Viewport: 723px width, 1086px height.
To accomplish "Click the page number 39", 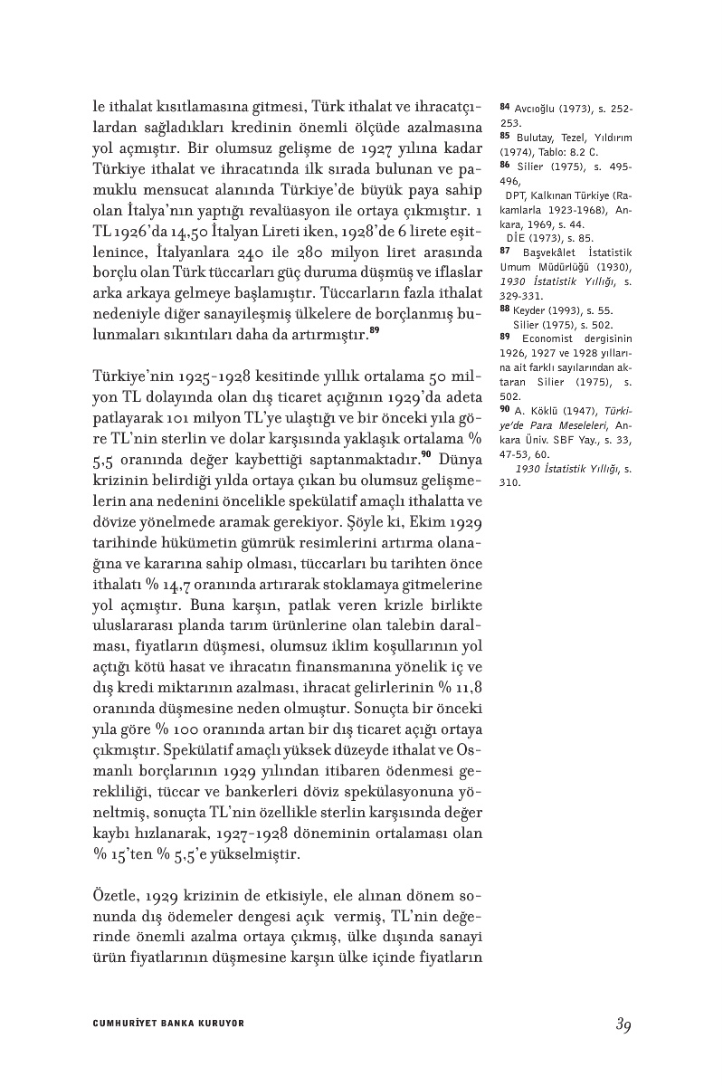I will pyautogui.click(x=623, y=1024).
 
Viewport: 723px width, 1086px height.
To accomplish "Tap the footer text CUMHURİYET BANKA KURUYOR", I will pyautogui.click(x=169, y=1024).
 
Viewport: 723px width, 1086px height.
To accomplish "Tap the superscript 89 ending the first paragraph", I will pyautogui.click(x=374, y=330).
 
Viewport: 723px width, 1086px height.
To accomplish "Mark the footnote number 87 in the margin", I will pyautogui.click(x=506, y=251).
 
